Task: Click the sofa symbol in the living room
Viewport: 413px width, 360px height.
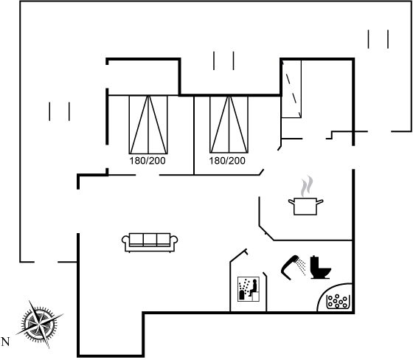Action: pos(150,243)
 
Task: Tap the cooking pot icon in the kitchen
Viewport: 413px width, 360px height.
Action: pos(305,207)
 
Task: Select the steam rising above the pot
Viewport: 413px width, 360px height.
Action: pos(307,186)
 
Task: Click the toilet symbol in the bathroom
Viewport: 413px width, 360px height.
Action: pos(320,267)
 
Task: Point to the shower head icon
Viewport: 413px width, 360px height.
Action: pos(291,266)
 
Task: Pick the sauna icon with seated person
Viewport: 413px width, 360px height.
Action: pos(249,289)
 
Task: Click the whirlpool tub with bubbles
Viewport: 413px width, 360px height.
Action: pos(338,302)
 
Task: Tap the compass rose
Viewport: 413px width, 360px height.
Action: pos(40,324)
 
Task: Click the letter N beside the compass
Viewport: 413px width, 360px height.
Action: pos(6,342)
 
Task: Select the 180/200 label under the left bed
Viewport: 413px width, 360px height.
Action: pos(147,161)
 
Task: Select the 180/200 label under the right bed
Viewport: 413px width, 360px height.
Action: pos(227,161)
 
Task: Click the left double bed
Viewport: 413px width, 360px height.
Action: pos(148,125)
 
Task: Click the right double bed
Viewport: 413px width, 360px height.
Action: pos(229,125)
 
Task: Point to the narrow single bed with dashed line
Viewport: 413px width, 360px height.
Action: pos(291,89)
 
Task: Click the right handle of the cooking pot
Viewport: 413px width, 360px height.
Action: pos(320,202)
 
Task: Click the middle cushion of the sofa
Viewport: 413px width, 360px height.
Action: pos(150,239)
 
